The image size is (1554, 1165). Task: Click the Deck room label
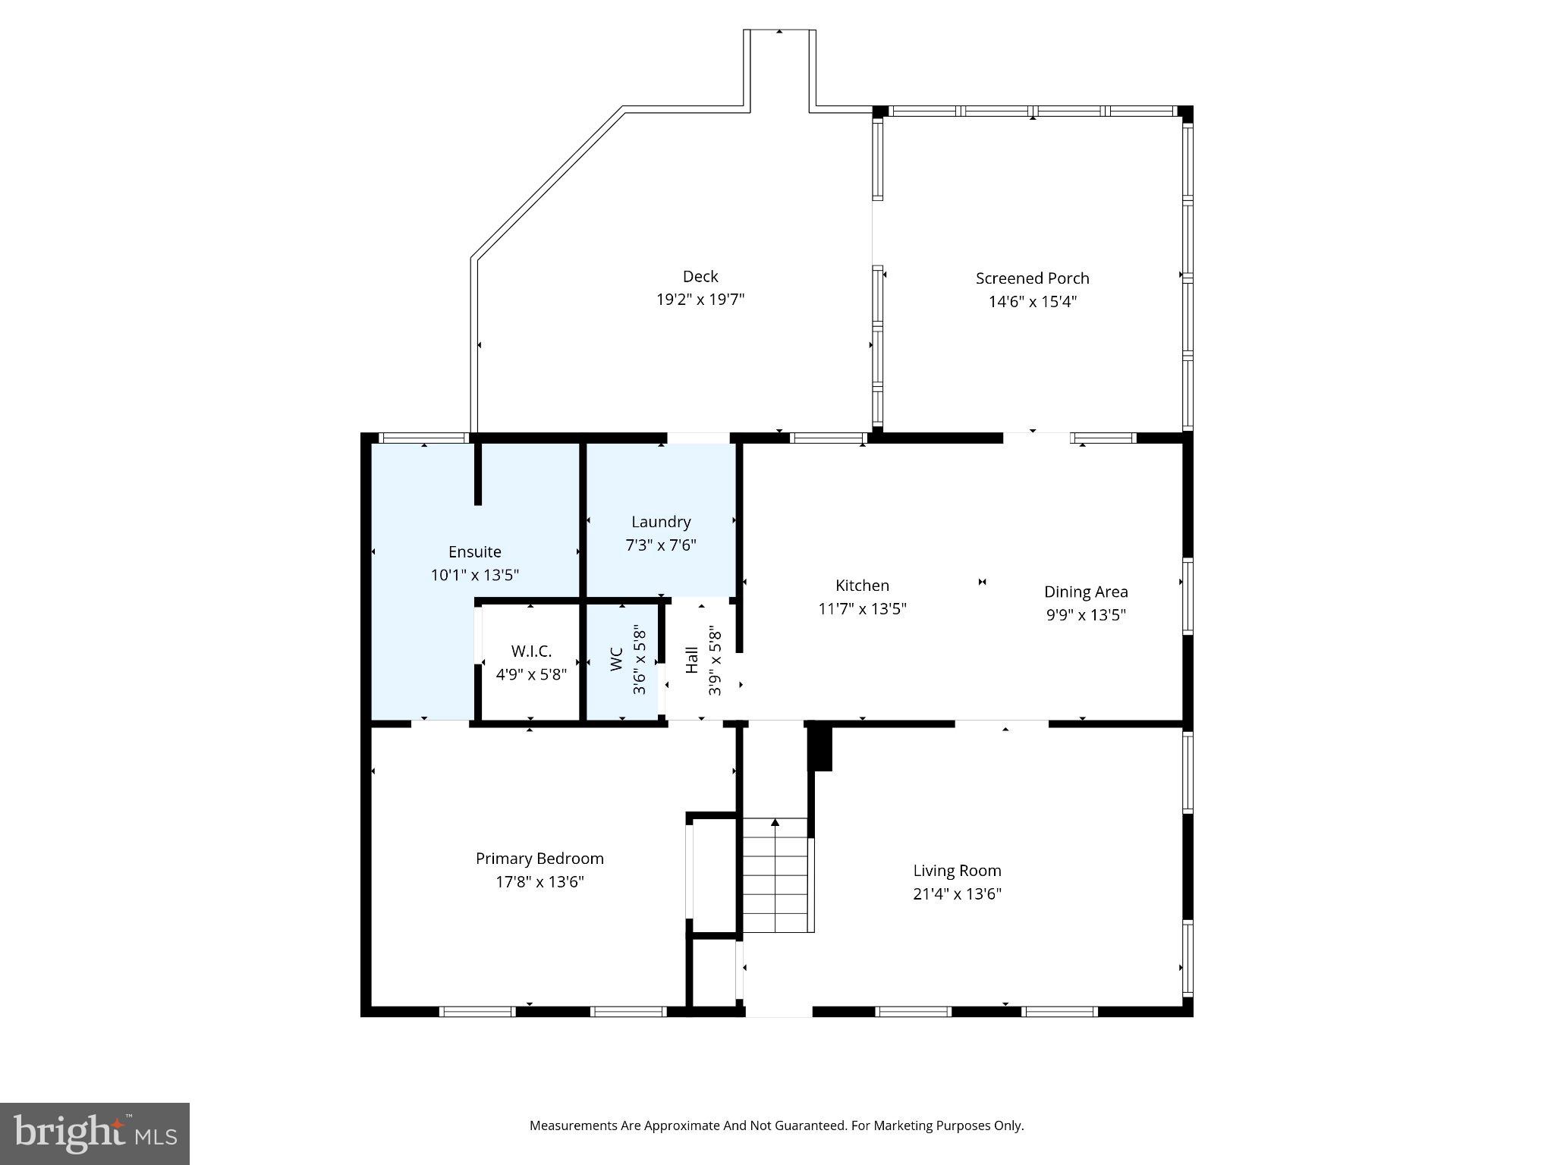(x=700, y=277)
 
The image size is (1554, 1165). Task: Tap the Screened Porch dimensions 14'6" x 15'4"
(x=1032, y=302)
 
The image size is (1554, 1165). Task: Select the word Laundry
(x=661, y=522)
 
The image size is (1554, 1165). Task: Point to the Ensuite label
(x=474, y=552)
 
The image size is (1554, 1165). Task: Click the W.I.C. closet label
(x=531, y=652)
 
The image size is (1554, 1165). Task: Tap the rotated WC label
(x=617, y=658)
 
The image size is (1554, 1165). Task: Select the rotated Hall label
(x=692, y=659)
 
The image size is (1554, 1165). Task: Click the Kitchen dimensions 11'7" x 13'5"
(x=862, y=609)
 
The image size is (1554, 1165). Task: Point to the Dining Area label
(x=1085, y=592)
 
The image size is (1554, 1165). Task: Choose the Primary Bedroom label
(x=539, y=859)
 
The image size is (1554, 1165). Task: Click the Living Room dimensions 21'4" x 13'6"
(x=957, y=894)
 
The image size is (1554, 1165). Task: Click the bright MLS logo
(x=95, y=1134)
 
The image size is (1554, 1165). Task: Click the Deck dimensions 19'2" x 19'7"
(x=700, y=300)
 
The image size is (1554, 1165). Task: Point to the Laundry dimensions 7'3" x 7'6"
(x=661, y=545)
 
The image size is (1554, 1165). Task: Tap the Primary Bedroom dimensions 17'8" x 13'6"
(x=539, y=882)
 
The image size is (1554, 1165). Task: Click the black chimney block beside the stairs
(x=821, y=748)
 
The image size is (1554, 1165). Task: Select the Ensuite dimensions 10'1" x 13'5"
(x=474, y=576)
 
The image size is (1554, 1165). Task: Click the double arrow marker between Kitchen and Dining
(x=982, y=582)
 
